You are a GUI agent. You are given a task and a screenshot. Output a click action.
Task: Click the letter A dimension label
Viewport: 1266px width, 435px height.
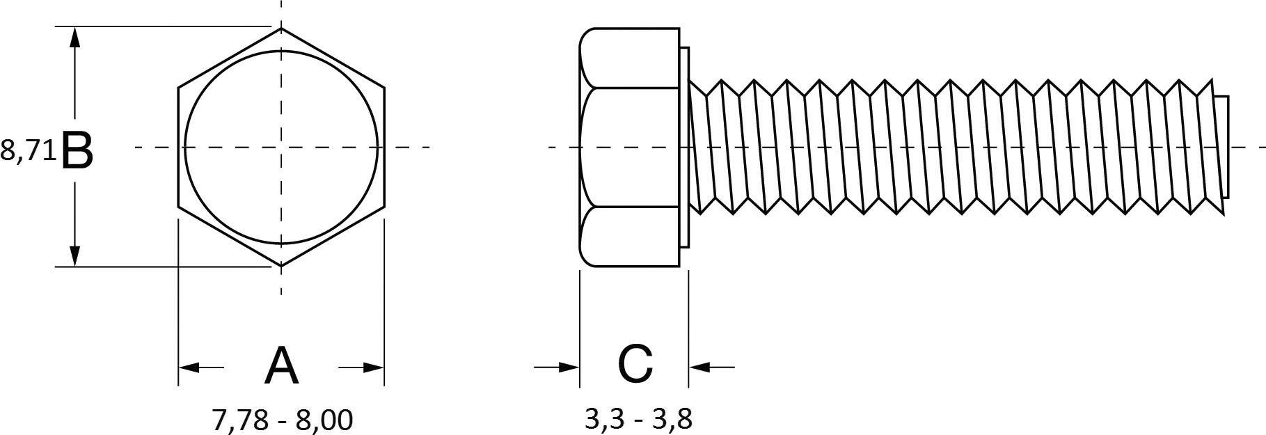tap(281, 366)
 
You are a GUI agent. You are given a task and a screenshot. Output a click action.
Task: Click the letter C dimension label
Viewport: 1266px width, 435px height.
tap(635, 364)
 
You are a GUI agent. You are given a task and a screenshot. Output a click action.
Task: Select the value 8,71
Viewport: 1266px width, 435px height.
tap(28, 151)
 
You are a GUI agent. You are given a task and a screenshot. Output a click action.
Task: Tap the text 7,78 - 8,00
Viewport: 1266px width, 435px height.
tap(282, 420)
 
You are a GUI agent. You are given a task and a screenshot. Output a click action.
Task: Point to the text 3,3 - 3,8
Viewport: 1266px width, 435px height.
tap(638, 420)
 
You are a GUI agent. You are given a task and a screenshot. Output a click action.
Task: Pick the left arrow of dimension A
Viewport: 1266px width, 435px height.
tap(189, 367)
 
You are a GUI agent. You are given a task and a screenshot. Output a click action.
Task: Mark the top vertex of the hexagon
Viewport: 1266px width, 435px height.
tap(281, 29)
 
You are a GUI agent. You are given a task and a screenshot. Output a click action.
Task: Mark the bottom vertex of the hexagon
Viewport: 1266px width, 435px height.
tap(281, 267)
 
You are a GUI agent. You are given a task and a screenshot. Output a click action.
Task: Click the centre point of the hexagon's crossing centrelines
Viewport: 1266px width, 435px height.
tap(281, 147)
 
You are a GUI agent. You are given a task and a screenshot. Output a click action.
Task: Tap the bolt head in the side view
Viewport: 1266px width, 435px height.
tap(628, 147)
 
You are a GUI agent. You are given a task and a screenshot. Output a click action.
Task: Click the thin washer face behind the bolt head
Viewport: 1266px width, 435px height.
tap(684, 147)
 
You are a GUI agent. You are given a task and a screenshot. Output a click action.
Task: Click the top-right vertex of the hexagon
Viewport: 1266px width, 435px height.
tap(384, 88)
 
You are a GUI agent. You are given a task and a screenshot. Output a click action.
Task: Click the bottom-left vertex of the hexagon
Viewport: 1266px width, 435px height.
tap(178, 207)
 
